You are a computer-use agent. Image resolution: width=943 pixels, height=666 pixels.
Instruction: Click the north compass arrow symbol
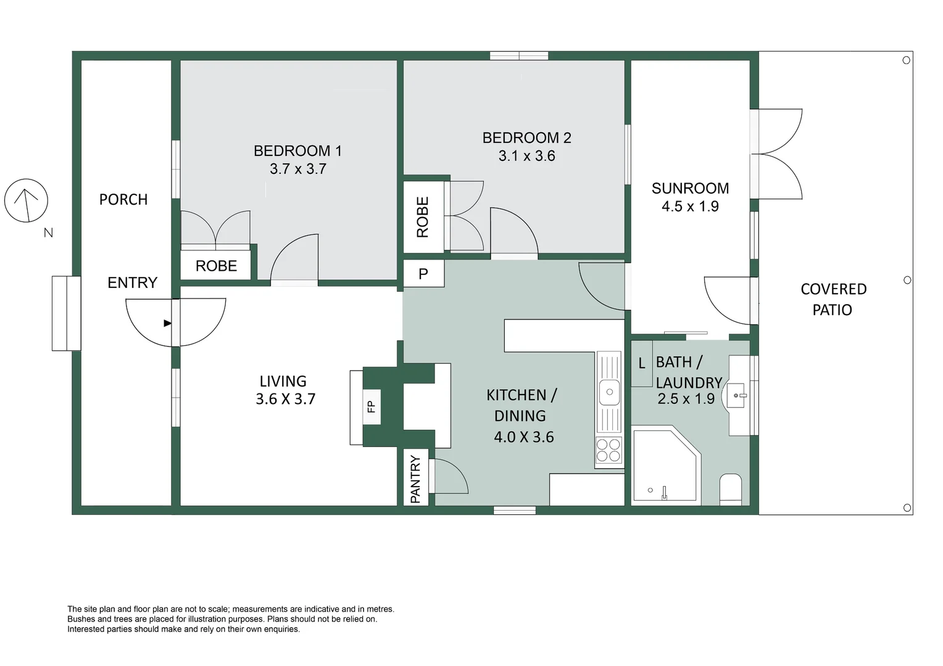pos(26,200)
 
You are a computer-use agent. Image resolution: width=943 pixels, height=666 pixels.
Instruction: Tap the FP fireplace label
pos(371,406)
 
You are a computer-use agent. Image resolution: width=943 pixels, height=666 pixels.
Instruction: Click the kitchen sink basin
pos(609,392)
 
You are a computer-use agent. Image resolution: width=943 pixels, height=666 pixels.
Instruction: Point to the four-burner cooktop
pos(609,450)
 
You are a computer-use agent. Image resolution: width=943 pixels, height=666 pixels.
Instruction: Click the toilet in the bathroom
pos(731,489)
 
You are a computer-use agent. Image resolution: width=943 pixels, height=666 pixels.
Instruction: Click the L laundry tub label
pos(642,363)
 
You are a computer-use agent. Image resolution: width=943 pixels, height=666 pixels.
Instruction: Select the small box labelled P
pos(423,274)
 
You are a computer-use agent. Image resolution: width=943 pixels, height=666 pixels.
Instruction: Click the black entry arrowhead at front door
pos(167,323)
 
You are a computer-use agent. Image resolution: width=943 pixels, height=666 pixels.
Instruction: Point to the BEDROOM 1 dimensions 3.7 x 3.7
pos(297,169)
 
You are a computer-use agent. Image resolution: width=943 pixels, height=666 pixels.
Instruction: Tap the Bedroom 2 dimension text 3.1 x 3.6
pos(526,156)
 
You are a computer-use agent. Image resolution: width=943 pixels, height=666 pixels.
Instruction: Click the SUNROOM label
pos(690,188)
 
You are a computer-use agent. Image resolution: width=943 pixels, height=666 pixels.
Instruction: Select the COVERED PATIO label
pos(833,299)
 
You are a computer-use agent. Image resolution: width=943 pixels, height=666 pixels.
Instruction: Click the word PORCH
pos(123,199)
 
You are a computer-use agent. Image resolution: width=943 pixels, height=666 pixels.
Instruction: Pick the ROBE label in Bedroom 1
pos(217,266)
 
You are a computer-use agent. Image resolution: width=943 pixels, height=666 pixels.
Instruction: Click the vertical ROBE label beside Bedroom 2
pos(422,217)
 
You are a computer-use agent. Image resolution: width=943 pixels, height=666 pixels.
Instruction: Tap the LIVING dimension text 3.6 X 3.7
pos(285,399)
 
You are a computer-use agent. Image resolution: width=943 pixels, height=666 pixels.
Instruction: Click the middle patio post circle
pos(907,280)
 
